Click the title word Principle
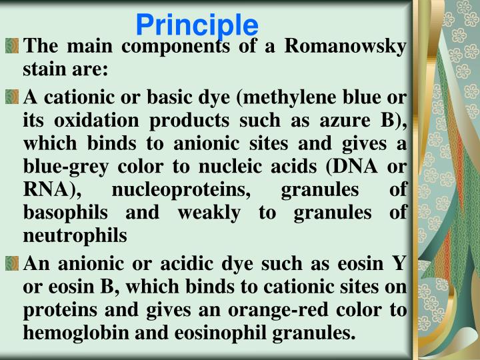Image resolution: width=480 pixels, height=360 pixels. click(197, 25)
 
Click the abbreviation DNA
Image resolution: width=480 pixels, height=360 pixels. click(359, 168)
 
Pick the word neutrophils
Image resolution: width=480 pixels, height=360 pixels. click(74, 235)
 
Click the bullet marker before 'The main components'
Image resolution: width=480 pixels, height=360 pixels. click(11, 48)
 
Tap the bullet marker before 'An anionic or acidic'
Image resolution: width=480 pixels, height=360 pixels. click(11, 265)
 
